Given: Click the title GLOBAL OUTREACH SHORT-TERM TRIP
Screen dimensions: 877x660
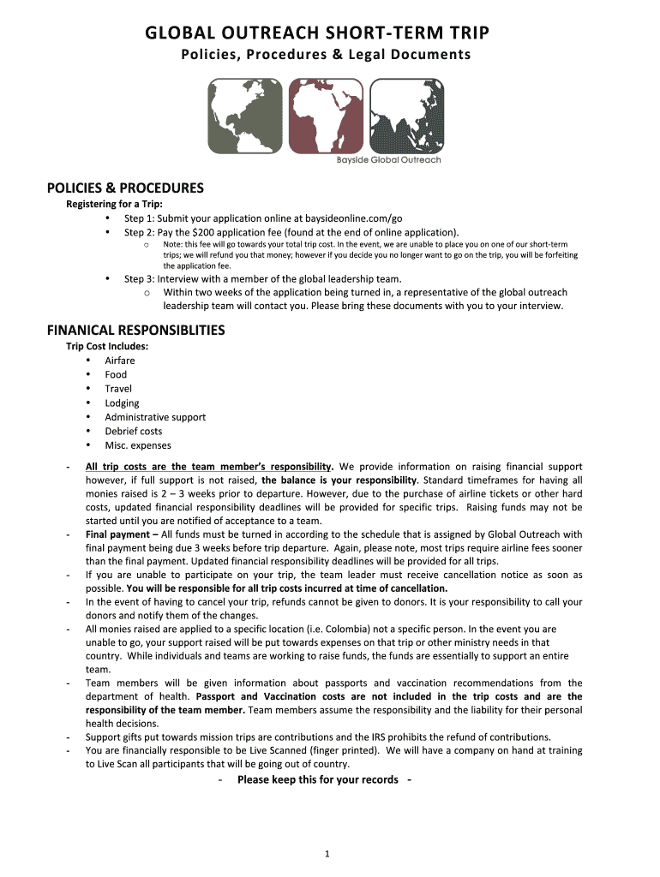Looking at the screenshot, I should pos(318,33).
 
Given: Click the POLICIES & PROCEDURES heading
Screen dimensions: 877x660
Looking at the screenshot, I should pos(125,188).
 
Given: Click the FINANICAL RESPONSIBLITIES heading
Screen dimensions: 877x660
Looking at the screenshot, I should pos(135,330).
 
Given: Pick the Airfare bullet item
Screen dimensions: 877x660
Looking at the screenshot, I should pos(120,361).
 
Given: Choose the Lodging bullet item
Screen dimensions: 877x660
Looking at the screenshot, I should pos(122,403).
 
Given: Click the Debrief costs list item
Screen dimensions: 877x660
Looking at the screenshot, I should pos(133,432).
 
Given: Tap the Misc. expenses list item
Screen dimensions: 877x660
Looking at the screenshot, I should pos(138,445).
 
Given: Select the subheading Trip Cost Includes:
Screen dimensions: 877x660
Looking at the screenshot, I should pos(107,346).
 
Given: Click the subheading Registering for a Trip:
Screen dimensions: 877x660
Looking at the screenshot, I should pos(114,204).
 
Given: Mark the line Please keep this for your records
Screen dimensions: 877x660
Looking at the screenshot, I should pos(317,779).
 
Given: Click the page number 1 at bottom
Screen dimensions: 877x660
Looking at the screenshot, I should pos(328,853).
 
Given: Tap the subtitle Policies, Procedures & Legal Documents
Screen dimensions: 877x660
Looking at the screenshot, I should pos(326,56).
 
